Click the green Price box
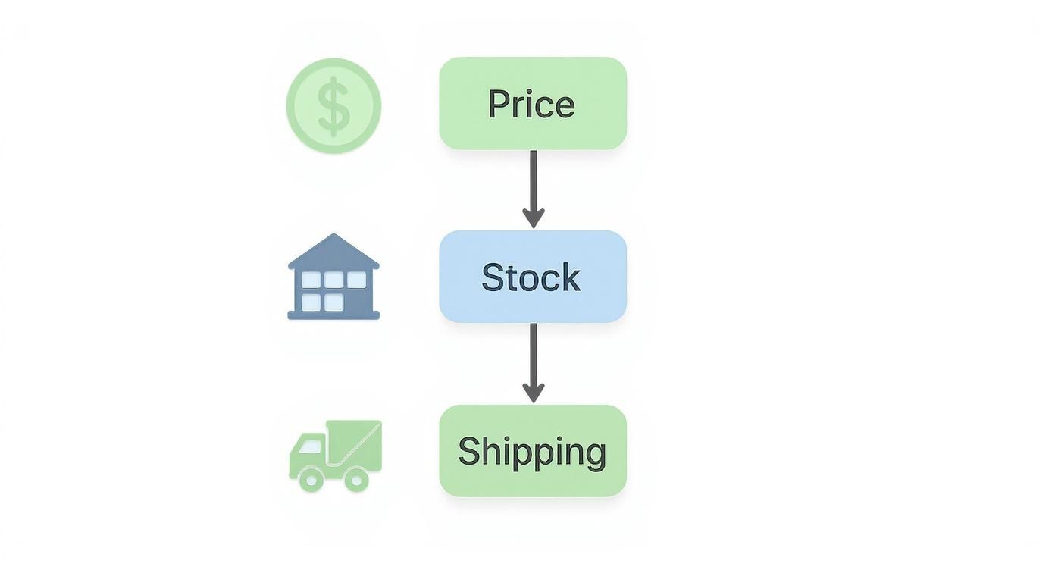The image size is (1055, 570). point(533,103)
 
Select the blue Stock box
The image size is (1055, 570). point(533,277)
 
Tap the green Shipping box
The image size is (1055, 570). point(533,451)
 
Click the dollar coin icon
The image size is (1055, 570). point(333,105)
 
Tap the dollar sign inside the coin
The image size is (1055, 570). point(333,105)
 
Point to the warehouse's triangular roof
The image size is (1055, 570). point(333,250)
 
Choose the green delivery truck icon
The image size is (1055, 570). point(335,455)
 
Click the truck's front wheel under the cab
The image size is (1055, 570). point(311,479)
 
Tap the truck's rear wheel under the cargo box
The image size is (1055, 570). point(355,479)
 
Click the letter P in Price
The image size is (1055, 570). point(496,104)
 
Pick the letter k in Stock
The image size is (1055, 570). point(571,277)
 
